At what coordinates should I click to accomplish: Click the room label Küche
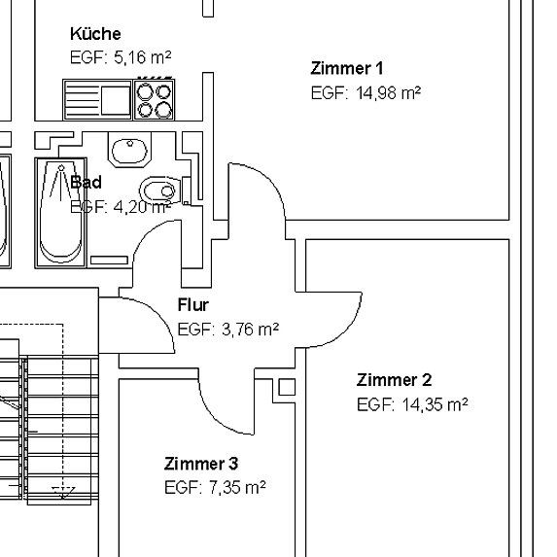95,34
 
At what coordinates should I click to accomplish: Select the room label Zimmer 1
346,68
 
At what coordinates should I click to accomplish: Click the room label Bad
86,182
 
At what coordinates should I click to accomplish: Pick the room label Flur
192,305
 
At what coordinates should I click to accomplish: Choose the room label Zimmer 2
394,379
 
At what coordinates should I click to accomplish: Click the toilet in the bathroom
159,189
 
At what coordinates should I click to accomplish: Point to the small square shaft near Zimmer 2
287,388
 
